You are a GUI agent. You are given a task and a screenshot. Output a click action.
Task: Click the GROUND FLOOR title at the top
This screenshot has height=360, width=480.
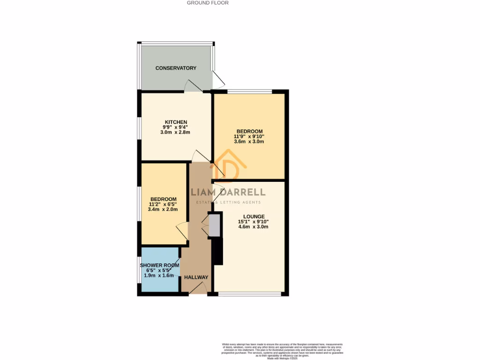(x=208, y=3)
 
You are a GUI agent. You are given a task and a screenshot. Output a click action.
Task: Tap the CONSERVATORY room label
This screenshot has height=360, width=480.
(x=176, y=68)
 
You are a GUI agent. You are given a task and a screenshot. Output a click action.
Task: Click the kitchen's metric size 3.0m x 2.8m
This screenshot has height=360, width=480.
(x=175, y=133)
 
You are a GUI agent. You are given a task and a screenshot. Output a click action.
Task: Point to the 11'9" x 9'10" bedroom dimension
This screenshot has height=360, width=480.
(x=249, y=136)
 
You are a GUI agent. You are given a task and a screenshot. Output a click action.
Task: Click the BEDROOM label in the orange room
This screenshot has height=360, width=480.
(x=249, y=131)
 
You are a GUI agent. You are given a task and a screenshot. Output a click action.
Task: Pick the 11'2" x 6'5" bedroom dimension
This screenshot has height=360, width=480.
(x=163, y=204)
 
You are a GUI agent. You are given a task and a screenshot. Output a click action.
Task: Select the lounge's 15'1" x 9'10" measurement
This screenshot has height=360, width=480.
(x=253, y=222)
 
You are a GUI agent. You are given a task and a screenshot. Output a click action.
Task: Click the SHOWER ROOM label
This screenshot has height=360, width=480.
(x=160, y=265)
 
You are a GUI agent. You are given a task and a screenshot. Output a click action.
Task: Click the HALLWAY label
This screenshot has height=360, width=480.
(x=196, y=277)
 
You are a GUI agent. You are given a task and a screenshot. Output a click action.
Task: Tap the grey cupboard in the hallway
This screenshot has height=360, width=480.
(x=214, y=225)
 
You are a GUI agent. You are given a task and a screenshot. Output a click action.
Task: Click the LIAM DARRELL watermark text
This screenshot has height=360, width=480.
(x=228, y=192)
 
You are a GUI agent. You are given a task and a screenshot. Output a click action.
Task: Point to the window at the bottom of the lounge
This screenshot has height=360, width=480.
(x=250, y=294)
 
